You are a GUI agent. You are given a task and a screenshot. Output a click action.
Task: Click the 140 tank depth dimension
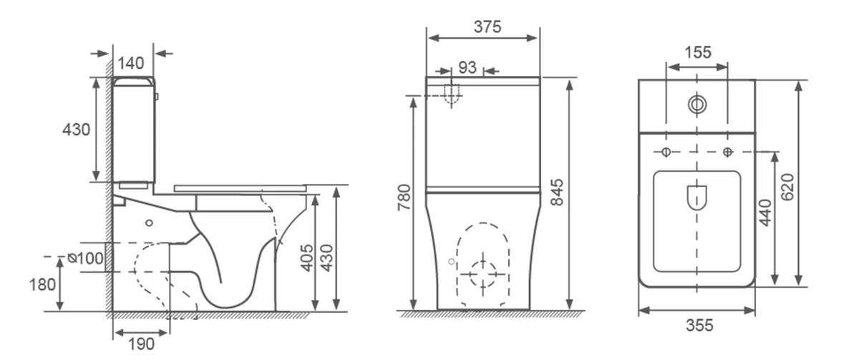click(131, 63)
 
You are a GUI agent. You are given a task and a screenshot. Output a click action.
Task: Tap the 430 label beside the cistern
click(76, 130)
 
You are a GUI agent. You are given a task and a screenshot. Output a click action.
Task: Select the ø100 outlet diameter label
click(85, 258)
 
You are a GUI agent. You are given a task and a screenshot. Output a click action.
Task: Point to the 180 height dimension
click(42, 284)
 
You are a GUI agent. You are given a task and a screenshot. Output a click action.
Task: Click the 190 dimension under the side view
click(141, 344)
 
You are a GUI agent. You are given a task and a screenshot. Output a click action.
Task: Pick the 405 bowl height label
click(306, 258)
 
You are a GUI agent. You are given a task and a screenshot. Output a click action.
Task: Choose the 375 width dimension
click(487, 26)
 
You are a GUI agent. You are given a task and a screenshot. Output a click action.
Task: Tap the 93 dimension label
click(467, 67)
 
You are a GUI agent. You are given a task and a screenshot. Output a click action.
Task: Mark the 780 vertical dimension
click(404, 197)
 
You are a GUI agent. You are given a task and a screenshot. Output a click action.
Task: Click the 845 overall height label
click(557, 192)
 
